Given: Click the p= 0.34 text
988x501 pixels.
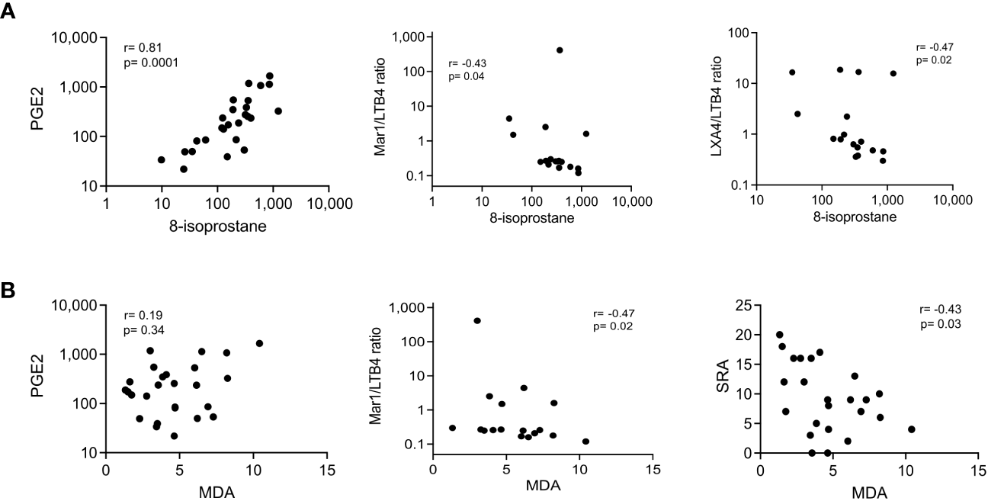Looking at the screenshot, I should [143, 329].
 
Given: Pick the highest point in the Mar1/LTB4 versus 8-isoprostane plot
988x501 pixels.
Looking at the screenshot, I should [560, 50].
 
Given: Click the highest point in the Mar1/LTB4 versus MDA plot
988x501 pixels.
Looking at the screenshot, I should [477, 320].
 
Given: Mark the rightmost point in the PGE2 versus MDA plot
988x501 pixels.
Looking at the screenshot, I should [259, 343].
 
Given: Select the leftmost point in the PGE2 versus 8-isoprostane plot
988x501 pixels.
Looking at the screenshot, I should [162, 159].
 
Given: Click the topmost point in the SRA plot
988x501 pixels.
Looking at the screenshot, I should [779, 335].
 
